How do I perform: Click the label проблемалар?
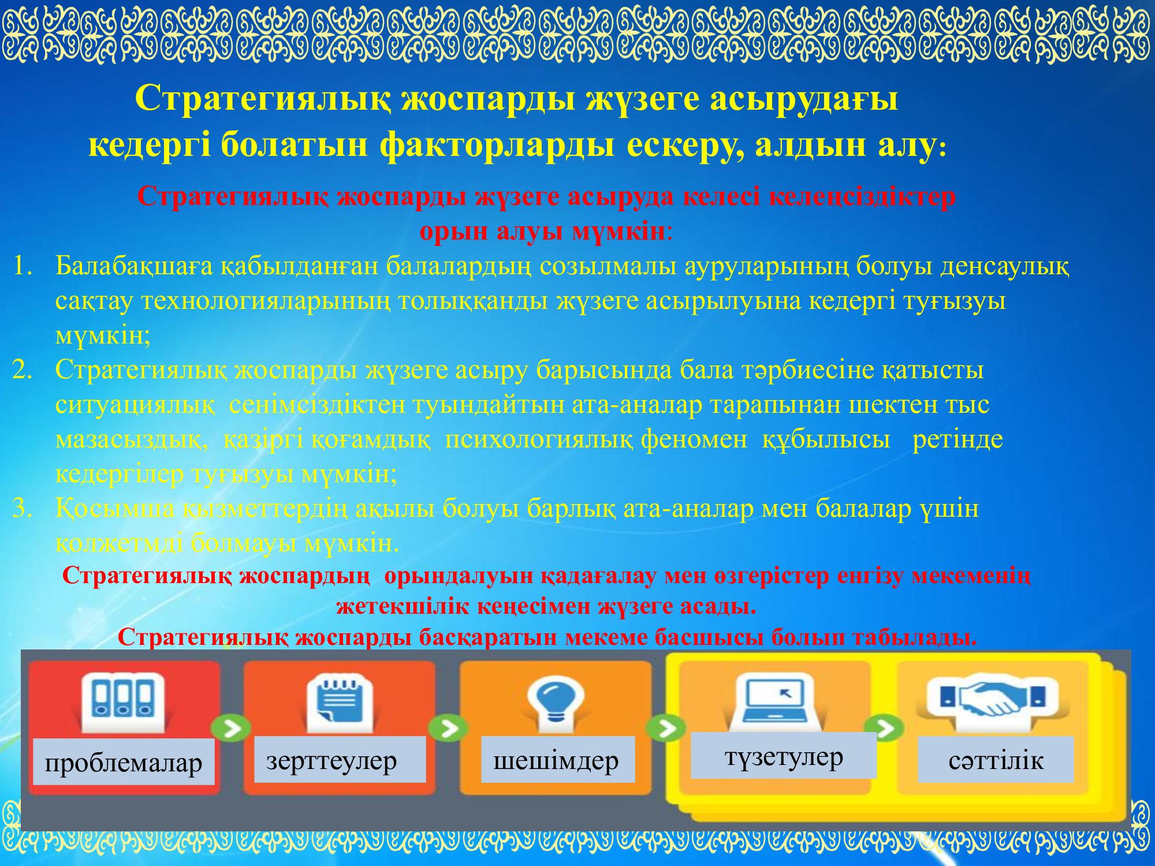pos(124,763)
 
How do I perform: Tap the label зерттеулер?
pos(331,760)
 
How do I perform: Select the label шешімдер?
pos(556,760)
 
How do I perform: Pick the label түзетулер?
pos(783,756)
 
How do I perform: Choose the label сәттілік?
pos(996,760)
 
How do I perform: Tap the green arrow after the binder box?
pos(230,729)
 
